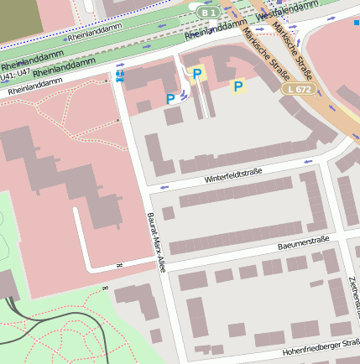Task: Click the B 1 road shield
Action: [x=209, y=13]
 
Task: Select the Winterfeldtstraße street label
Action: [x=233, y=176]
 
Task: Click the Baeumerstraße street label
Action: [x=303, y=243]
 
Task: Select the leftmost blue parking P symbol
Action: [x=170, y=99]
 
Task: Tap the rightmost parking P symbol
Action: [x=237, y=86]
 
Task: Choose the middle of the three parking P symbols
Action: [x=197, y=75]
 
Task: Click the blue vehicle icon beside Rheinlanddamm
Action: [x=119, y=77]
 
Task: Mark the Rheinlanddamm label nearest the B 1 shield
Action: [x=215, y=31]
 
